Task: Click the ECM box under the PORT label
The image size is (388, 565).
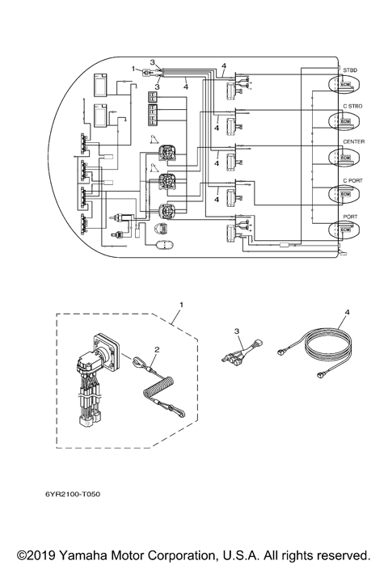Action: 345,230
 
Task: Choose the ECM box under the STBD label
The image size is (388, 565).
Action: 345,85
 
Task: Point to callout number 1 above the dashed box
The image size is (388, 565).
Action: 181,305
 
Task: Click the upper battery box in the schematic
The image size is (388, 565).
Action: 104,84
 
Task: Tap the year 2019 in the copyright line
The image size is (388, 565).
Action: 34,555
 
